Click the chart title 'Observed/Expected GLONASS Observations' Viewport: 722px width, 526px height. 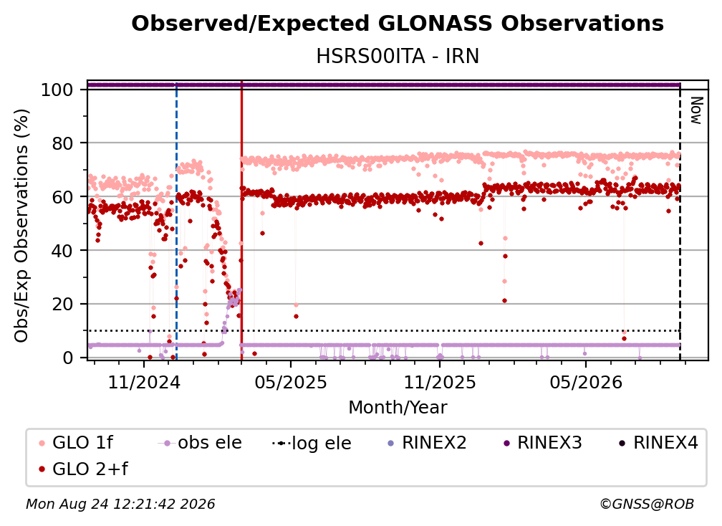[398, 24]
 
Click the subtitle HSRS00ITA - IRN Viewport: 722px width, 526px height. [398, 56]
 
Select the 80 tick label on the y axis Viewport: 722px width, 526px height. [62, 143]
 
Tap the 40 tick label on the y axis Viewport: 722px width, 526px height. [62, 251]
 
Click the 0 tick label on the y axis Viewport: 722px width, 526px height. [68, 358]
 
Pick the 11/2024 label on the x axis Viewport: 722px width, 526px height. [144, 382]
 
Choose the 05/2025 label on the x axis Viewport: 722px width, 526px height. [291, 382]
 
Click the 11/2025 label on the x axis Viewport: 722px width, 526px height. [440, 382]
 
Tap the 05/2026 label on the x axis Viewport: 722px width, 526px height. [586, 382]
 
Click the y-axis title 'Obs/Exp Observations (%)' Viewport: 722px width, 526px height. [21, 226]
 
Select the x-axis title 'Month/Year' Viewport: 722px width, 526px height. [398, 408]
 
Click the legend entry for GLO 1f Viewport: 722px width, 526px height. [76, 443]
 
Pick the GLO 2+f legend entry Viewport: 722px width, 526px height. [83, 469]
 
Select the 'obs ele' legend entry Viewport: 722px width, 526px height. [200, 443]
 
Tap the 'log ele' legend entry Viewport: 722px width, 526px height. [312, 443]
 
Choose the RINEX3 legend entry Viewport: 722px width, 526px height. [542, 443]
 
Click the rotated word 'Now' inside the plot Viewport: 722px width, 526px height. [695, 110]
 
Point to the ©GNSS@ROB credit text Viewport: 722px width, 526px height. [647, 504]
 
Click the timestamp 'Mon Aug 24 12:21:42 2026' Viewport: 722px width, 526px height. [120, 504]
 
